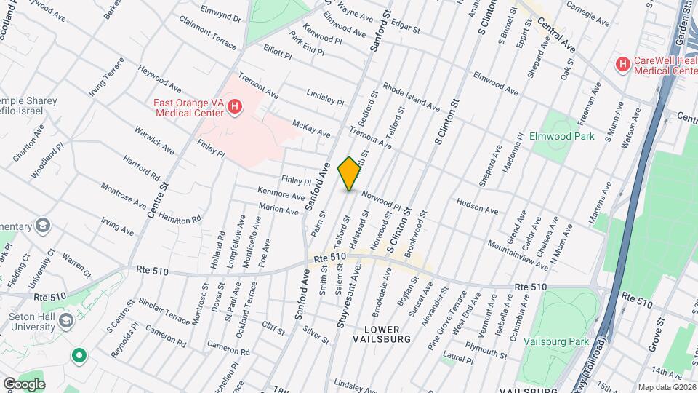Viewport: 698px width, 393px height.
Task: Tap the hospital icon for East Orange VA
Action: (x=234, y=108)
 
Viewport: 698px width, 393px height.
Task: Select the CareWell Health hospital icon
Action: (x=622, y=65)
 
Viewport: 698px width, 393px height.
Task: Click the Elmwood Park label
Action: (x=563, y=136)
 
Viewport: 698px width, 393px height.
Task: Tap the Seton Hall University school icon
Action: (x=66, y=321)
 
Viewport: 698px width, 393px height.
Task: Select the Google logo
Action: (x=23, y=384)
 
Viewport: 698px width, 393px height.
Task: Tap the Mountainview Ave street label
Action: (x=518, y=255)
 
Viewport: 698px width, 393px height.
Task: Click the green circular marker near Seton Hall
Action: (x=79, y=356)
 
